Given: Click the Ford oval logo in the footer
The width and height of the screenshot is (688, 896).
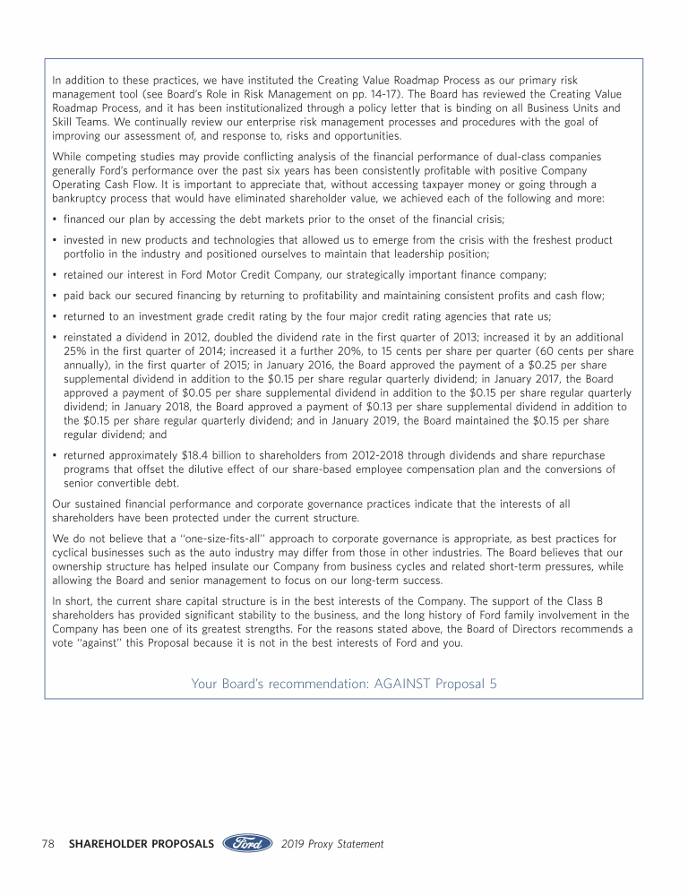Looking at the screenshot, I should click(x=246, y=843).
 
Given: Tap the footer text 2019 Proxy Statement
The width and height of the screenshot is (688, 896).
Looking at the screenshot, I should click(x=332, y=844).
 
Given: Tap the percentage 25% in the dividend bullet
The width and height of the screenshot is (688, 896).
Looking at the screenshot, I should click(x=74, y=352).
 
